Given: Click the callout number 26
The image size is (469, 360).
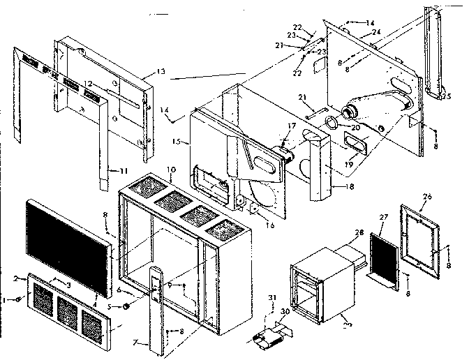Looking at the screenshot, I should click(x=428, y=196).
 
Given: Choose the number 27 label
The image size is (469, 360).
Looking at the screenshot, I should click(x=382, y=217).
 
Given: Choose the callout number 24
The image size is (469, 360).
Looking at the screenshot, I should click(x=376, y=32).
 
